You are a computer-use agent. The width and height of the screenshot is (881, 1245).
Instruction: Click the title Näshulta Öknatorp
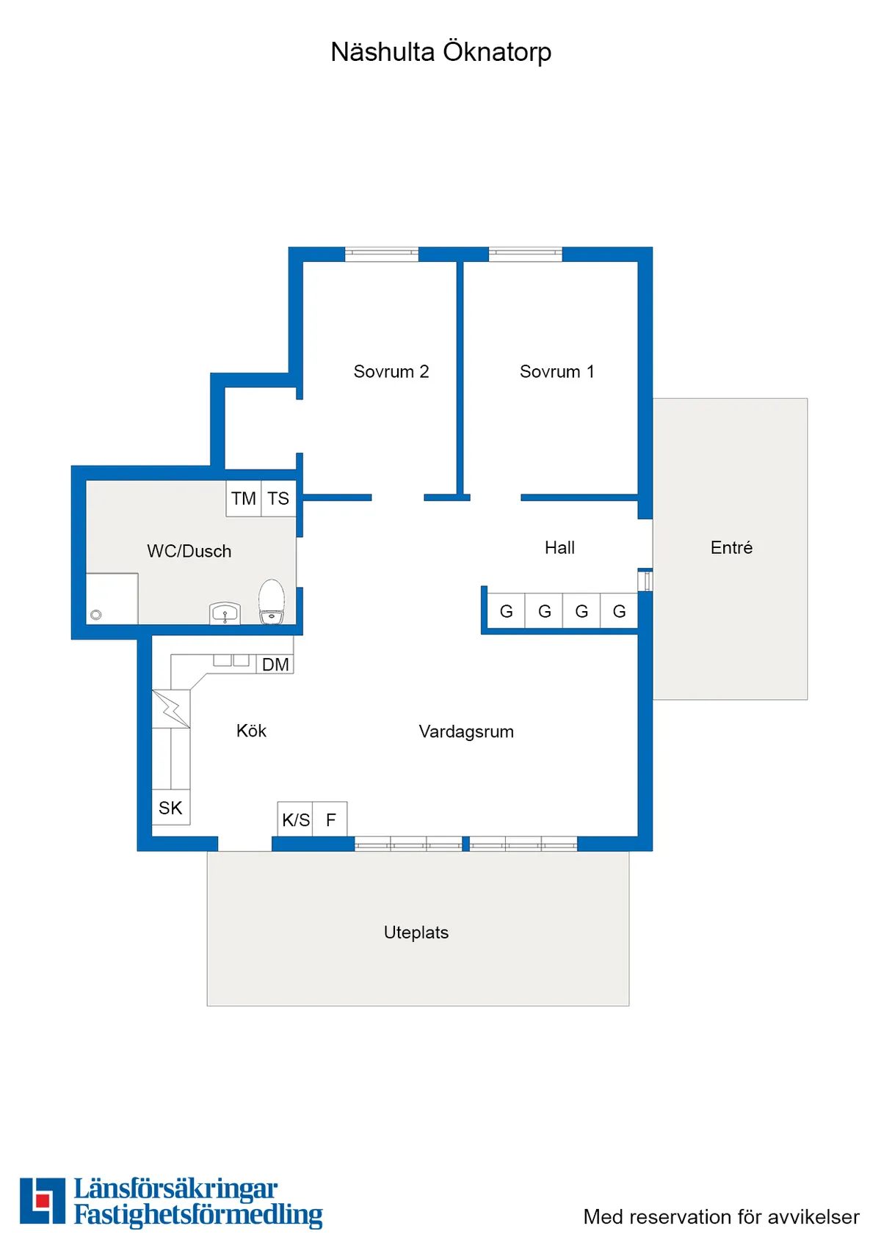pos(440,52)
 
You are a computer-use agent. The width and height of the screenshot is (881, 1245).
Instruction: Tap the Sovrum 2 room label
pos(391,371)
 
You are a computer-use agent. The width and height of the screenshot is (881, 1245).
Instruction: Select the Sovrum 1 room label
pos(556,371)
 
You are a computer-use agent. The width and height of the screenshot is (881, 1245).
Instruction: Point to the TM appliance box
pos(243,499)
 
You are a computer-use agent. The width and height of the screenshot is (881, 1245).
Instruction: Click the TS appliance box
pos(278,499)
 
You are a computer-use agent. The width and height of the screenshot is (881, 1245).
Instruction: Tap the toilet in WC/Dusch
pos(272,601)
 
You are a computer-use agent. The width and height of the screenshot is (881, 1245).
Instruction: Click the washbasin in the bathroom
pos(225,612)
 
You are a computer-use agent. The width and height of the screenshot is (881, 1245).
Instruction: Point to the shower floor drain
pos(96,615)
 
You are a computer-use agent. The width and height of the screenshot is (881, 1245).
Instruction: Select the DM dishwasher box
pos(275,665)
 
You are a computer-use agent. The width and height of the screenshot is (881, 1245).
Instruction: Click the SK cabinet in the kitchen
pos(170,808)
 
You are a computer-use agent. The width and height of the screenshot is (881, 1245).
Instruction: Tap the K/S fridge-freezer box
pos(295,819)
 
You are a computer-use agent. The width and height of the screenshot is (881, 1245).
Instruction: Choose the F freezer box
pos(330,819)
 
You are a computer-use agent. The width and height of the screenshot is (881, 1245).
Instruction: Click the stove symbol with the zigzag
pos(171,709)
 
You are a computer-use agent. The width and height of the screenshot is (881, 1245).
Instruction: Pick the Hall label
pos(559,547)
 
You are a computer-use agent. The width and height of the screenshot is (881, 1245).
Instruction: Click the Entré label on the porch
pos(731,547)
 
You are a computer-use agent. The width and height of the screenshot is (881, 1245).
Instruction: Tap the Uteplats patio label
pos(416,932)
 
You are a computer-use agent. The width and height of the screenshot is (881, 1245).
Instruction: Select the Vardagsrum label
pos(466,731)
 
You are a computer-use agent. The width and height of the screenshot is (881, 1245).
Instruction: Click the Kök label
pos(251,731)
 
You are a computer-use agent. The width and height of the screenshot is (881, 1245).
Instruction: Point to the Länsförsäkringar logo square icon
pos(43,1201)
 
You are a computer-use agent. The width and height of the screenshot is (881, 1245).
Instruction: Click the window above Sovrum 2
pos(382,254)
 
